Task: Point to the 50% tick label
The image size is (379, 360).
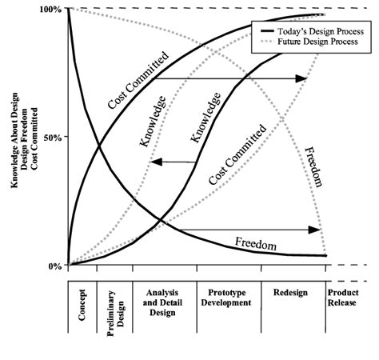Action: pyautogui.click(x=52, y=138)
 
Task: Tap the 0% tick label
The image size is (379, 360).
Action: pyautogui.click(x=54, y=266)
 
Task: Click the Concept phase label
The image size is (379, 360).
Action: pyautogui.click(x=82, y=306)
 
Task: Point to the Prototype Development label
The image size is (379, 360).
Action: pyautogui.click(x=229, y=298)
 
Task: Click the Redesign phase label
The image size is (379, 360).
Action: pyautogui.click(x=293, y=292)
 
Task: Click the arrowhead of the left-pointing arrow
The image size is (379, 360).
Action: pyautogui.click(x=156, y=162)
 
